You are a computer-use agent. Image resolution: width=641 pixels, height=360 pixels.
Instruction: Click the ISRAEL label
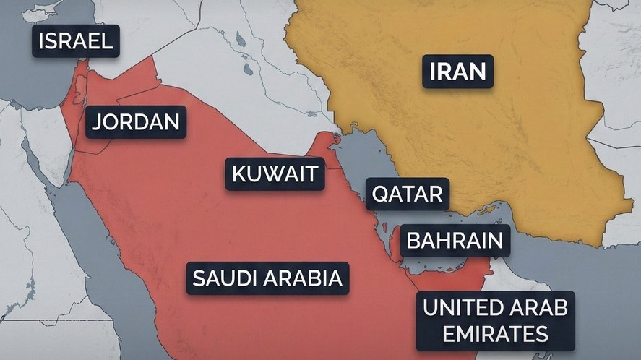(x=76, y=41)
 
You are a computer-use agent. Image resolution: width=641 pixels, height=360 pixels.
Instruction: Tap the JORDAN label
(x=136, y=121)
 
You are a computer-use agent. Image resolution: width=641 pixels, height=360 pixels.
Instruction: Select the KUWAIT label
(x=275, y=174)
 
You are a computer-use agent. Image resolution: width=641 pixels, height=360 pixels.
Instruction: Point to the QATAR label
(x=407, y=194)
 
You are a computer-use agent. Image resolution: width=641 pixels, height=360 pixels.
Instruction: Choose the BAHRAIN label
(x=455, y=240)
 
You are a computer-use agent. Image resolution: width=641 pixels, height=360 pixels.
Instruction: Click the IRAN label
(x=457, y=72)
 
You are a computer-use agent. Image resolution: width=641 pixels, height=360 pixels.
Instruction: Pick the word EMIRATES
(x=495, y=333)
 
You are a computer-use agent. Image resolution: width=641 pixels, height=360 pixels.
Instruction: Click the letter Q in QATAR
(x=380, y=194)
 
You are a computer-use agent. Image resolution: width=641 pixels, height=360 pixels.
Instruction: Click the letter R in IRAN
(x=446, y=72)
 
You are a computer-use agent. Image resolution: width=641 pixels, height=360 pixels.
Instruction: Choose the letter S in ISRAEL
(x=55, y=41)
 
